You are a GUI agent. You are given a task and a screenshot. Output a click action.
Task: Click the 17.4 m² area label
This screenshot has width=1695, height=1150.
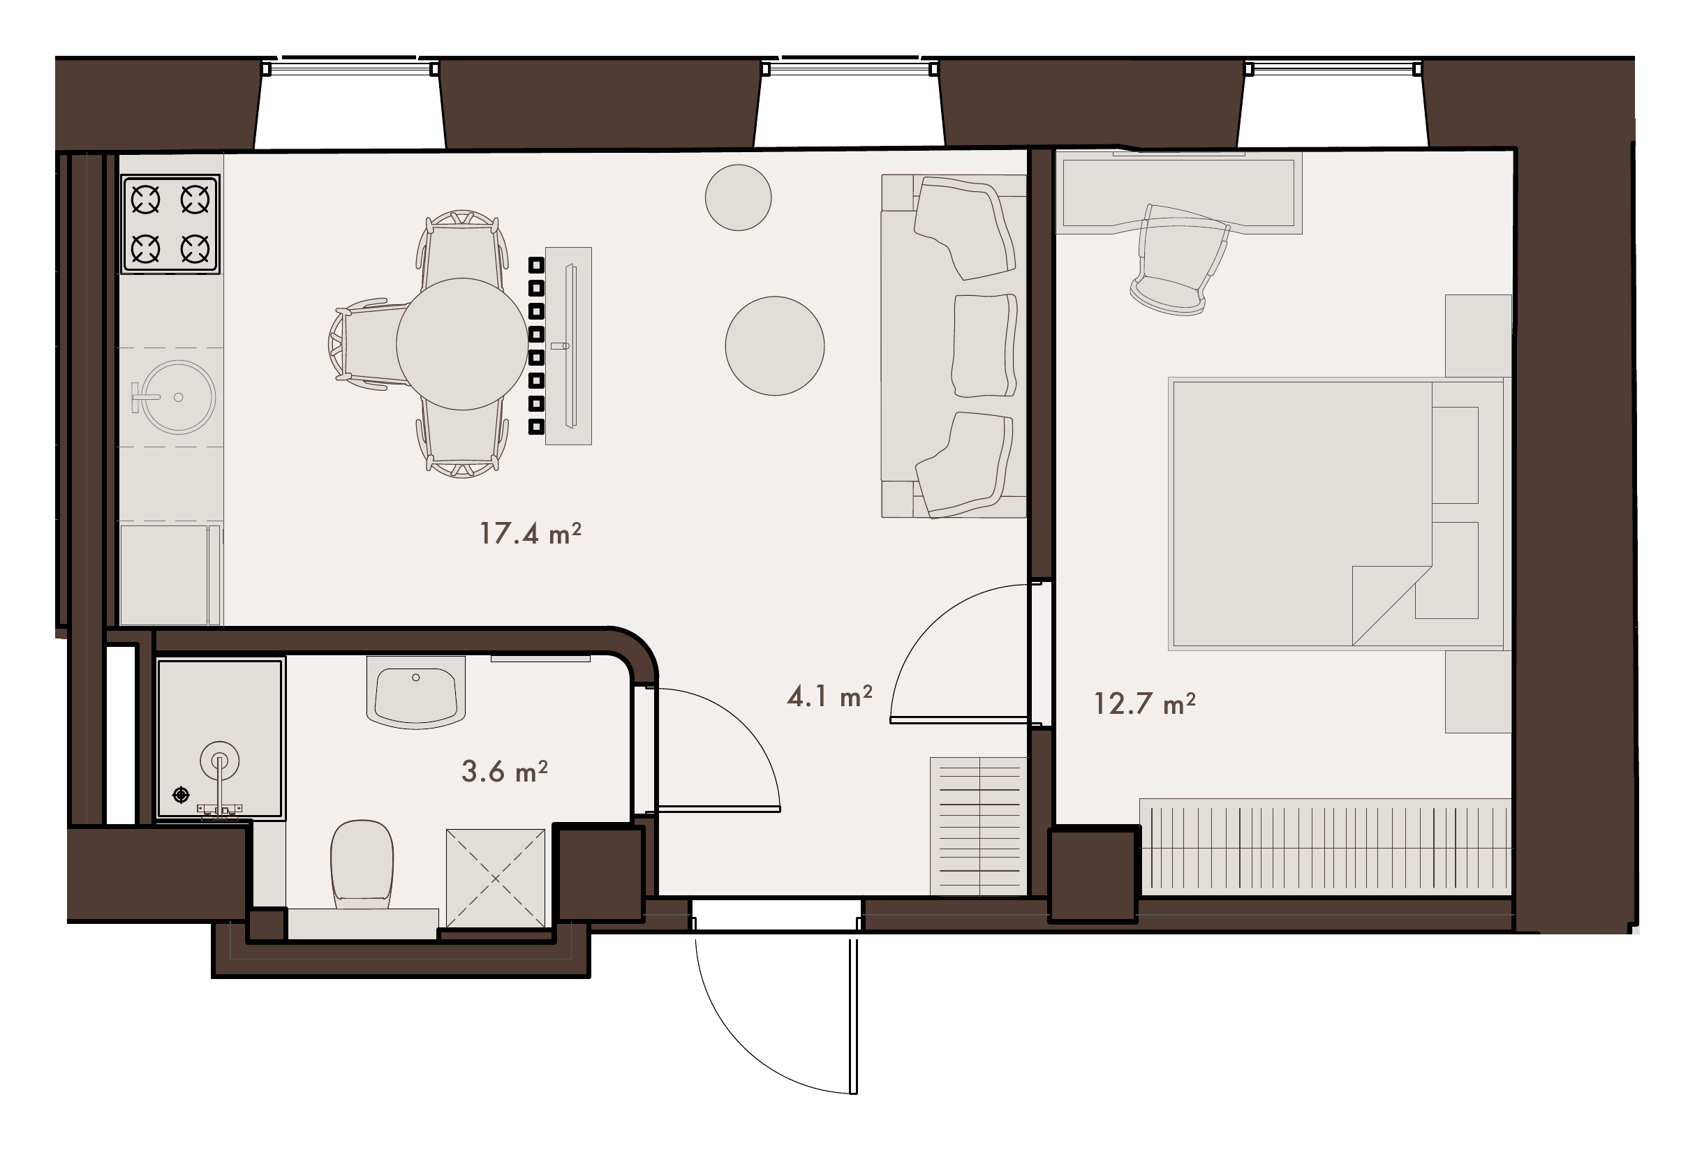531,534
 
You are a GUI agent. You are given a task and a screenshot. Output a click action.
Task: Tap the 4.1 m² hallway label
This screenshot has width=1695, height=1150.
829,696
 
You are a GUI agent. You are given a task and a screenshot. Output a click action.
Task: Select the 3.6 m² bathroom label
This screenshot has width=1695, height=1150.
504,771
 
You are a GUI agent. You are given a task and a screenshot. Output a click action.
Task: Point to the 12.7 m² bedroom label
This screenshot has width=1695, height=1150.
1144,703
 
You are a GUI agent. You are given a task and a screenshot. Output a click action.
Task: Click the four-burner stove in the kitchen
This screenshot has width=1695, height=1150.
170,225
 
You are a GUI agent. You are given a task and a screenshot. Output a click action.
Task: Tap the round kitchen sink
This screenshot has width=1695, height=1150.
177,398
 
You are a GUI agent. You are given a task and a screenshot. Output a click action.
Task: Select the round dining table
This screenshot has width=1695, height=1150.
461,344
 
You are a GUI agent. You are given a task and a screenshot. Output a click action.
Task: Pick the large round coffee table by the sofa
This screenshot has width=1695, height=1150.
775,345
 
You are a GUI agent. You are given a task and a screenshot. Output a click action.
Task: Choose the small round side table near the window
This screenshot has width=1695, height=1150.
738,197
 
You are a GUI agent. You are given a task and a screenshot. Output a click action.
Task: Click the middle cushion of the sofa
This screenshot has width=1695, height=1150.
984,345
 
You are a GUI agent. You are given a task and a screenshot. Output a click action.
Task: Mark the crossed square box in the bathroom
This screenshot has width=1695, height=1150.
495,878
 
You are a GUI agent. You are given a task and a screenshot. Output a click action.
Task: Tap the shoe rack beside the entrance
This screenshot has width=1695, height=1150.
978,826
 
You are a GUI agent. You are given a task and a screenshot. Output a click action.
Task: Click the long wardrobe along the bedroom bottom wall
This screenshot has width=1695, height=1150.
1325,846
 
